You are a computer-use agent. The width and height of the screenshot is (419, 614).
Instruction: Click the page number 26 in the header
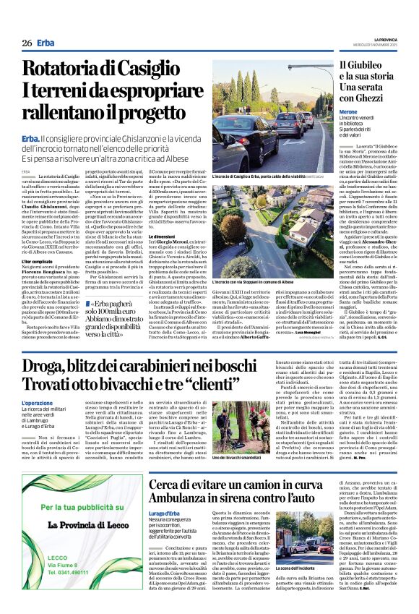[x=27, y=43]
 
